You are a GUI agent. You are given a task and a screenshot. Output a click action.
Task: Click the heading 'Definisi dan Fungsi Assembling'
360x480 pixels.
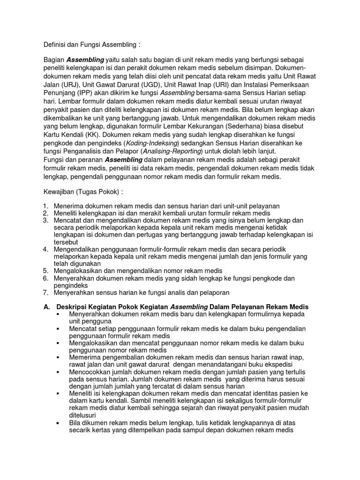click(x=91, y=45)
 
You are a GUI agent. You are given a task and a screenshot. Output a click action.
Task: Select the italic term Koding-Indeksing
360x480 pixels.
click(x=154, y=143)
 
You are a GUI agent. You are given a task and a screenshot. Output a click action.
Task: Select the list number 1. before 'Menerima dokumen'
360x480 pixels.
click(x=45, y=206)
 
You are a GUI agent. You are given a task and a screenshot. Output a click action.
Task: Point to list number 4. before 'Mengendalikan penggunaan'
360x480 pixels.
click(x=45, y=249)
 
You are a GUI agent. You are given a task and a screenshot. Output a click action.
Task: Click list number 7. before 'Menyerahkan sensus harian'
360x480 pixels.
click(x=45, y=292)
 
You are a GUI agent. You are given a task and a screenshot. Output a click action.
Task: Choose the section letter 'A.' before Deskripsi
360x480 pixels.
click(x=46, y=307)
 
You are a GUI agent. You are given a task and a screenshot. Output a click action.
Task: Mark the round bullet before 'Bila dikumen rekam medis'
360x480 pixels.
click(x=58, y=423)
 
